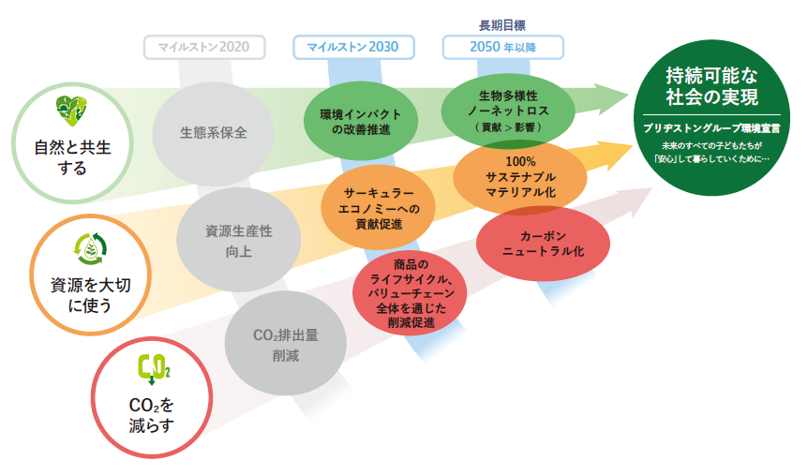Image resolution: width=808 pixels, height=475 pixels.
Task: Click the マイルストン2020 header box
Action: click(204, 46)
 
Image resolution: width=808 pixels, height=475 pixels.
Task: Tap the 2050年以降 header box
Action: click(503, 46)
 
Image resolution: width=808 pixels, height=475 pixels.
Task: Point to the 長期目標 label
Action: click(503, 25)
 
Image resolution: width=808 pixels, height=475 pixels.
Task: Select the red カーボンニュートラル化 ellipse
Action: click(544, 245)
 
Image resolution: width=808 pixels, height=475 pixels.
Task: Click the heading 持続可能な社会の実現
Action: click(712, 86)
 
